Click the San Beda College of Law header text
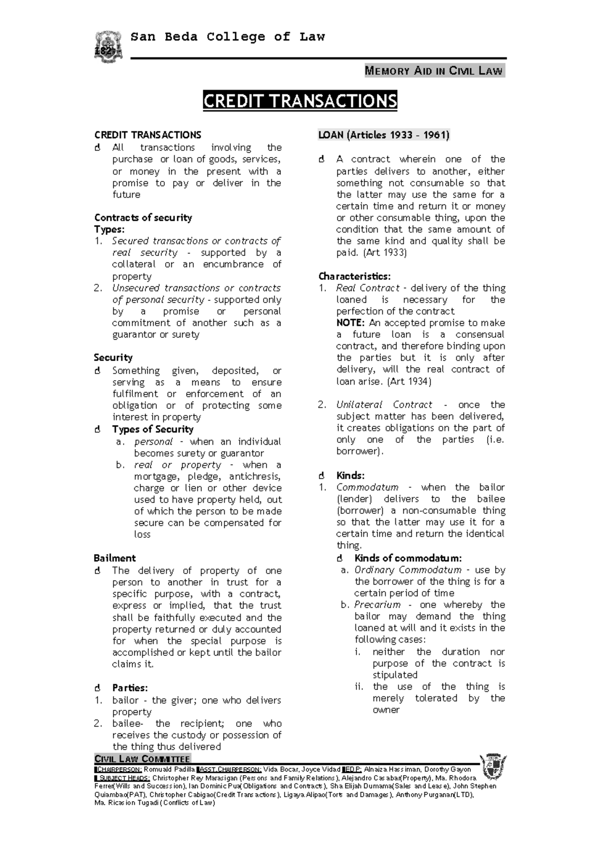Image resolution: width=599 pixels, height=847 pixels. (x=227, y=37)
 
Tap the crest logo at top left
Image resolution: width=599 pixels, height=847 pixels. (x=108, y=47)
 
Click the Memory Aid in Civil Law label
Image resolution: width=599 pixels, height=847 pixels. (x=434, y=71)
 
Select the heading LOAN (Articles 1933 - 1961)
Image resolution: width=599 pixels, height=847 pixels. (x=384, y=135)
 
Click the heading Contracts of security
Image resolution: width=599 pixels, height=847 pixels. (x=143, y=217)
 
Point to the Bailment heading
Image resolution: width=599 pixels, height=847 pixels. (x=115, y=558)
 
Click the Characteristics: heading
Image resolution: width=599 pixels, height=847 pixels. (x=354, y=276)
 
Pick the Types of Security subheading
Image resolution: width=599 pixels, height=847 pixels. (x=153, y=429)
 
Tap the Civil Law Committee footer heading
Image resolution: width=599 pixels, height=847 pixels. (x=142, y=759)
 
